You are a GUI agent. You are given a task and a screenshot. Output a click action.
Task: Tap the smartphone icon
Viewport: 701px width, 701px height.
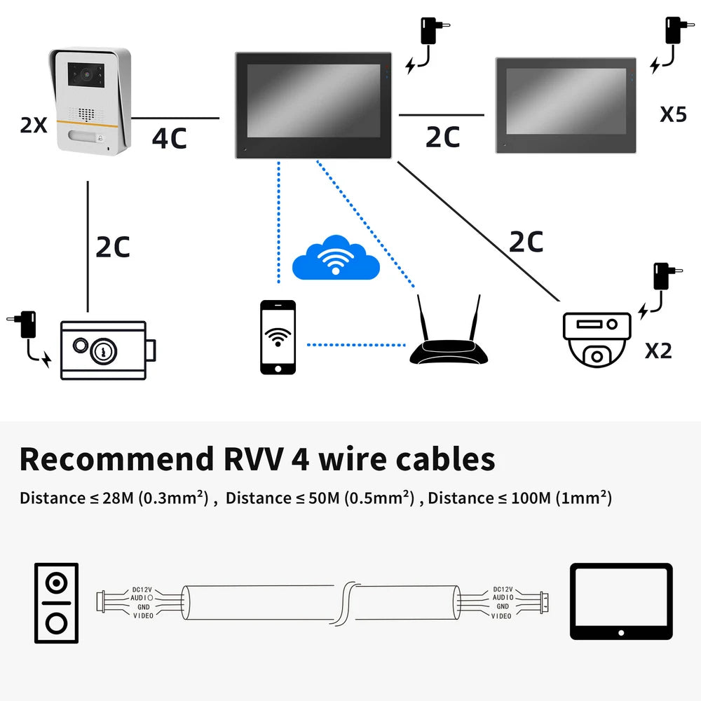pos(278,337)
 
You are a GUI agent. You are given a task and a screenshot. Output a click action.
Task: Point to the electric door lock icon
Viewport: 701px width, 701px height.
pos(105,350)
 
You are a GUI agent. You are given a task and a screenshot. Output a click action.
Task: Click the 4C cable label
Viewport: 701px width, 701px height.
pos(170,137)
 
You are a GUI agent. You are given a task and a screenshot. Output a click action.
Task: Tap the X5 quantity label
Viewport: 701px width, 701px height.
pos(673,114)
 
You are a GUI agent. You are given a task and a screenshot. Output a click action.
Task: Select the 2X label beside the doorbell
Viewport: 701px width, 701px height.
pos(34,125)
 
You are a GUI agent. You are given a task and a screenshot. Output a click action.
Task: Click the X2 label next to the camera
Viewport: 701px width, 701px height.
pos(658,350)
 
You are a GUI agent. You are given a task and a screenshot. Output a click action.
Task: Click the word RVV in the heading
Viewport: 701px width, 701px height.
pos(247,459)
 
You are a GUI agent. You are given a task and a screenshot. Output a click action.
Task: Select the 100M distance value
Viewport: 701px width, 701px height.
pos(534,498)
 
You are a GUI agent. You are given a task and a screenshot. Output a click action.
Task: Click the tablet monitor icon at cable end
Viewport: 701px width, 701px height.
pos(621,601)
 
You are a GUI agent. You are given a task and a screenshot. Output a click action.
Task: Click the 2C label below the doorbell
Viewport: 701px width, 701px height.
pos(113,247)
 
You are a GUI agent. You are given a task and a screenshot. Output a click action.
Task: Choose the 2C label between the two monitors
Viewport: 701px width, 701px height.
pos(442,137)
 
